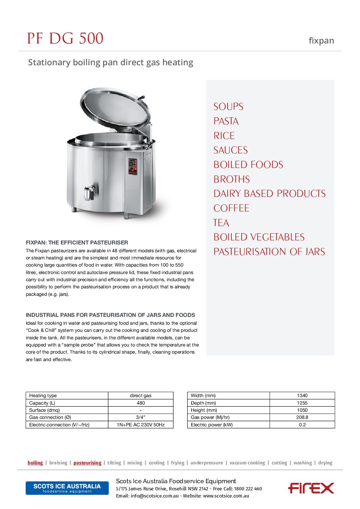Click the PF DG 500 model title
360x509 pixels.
point(65,38)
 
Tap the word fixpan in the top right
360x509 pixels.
point(321,41)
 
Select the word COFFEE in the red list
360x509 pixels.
point(231,208)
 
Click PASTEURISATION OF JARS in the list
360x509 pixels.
point(269,252)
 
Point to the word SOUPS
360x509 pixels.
point(228,107)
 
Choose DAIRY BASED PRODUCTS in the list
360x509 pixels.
point(269,193)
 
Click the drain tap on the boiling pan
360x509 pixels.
point(89,193)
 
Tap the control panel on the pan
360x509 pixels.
point(133,167)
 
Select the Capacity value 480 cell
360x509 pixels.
point(141,403)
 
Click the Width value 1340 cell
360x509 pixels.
point(302,395)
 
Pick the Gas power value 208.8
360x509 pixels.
point(302,417)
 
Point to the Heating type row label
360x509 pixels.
point(43,395)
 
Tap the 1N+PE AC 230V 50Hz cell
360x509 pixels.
point(141,425)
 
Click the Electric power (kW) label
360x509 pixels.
point(212,425)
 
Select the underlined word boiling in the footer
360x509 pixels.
point(35,463)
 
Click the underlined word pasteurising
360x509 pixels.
point(87,463)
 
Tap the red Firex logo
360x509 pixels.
point(311,488)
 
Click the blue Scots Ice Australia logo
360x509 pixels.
point(67,488)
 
